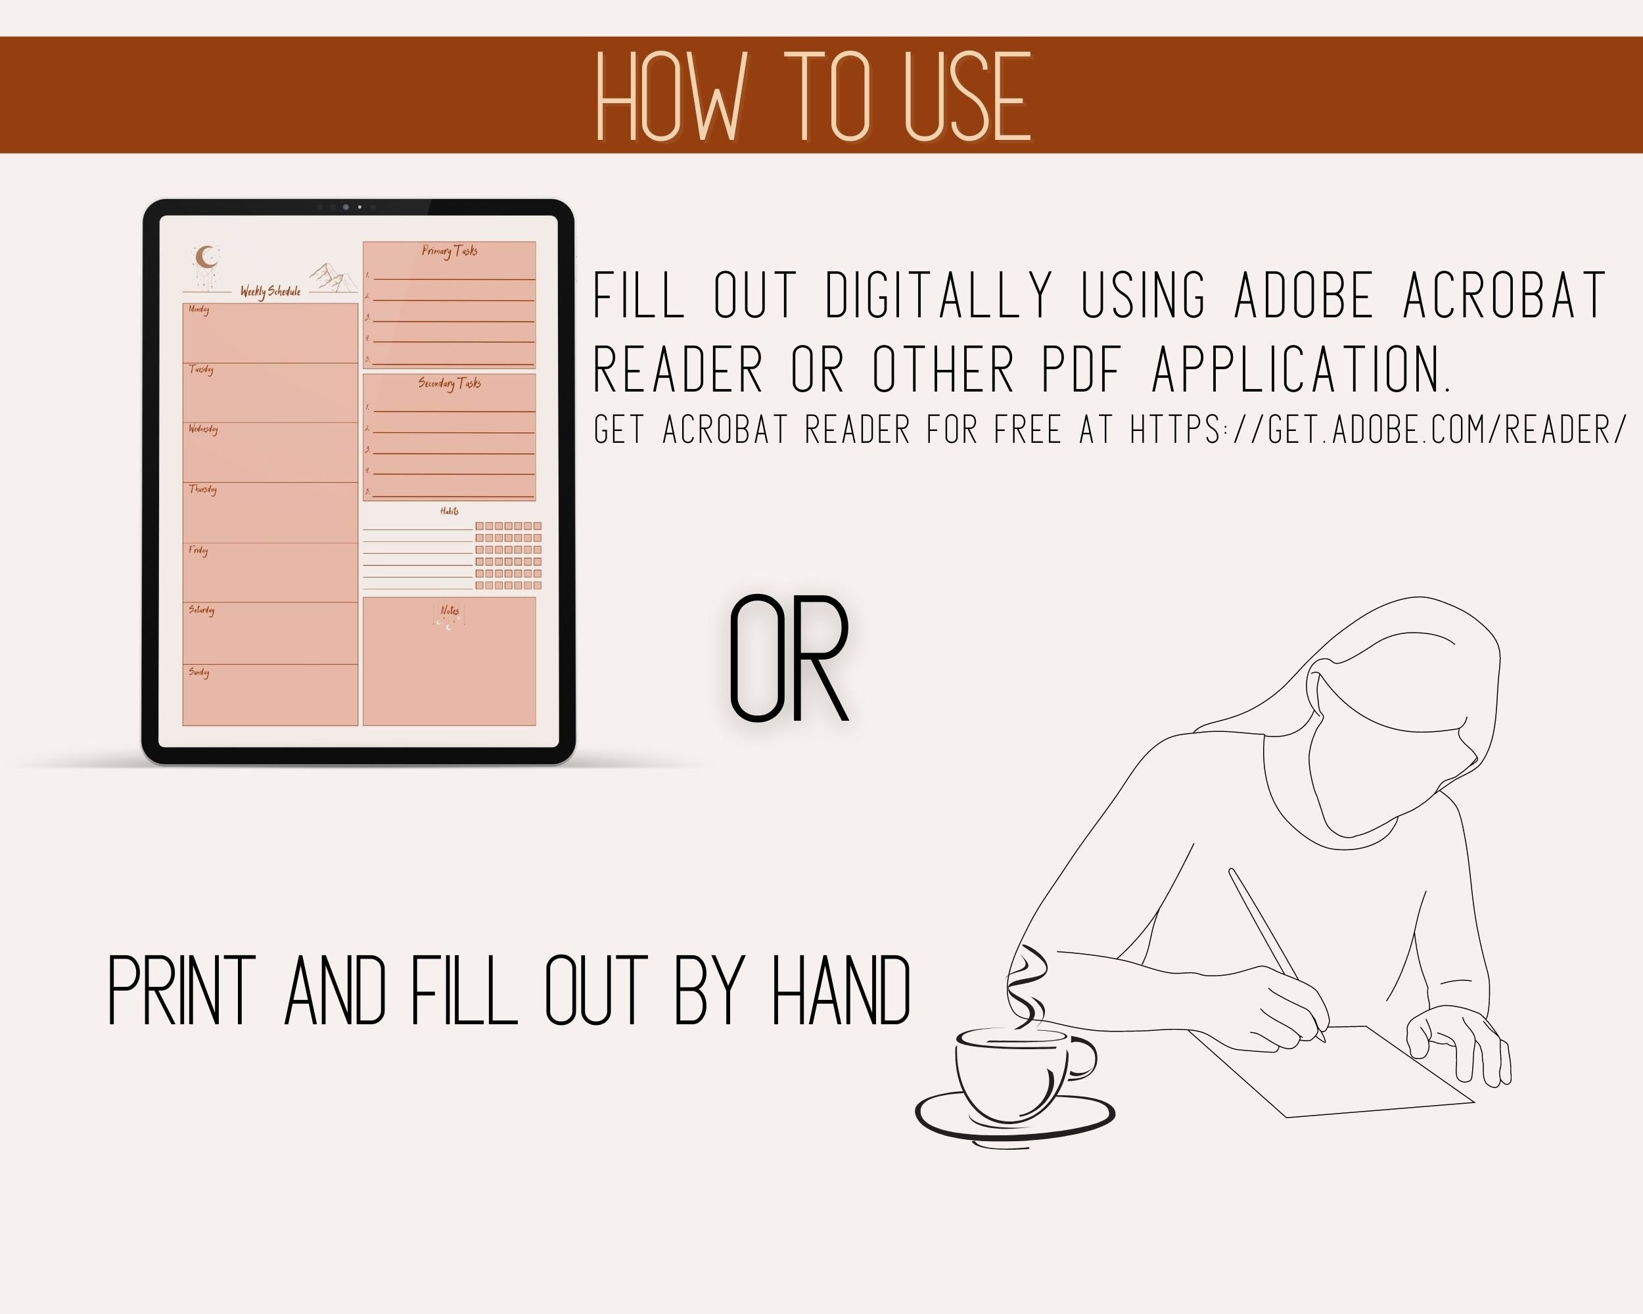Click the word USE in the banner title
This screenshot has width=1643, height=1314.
[x=966, y=97]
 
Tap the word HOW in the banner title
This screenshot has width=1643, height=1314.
[x=668, y=97]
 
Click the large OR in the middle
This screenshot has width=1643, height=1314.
[x=789, y=660]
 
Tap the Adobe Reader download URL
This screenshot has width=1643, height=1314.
[x=1377, y=430]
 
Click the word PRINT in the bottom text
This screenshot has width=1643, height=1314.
[x=181, y=990]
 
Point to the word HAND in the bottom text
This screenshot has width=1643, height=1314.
[x=841, y=990]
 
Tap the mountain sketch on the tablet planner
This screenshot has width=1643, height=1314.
[x=333, y=278]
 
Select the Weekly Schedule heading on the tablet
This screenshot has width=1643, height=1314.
[x=271, y=291]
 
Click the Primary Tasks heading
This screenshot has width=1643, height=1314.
[x=450, y=250]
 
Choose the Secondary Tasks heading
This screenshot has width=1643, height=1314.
[x=450, y=383]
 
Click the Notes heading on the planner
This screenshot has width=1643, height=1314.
[x=450, y=610]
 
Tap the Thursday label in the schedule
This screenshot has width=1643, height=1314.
[x=202, y=489]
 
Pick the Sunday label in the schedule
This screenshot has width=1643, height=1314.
[x=199, y=672]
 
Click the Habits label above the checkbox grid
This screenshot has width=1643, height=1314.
[x=450, y=511]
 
